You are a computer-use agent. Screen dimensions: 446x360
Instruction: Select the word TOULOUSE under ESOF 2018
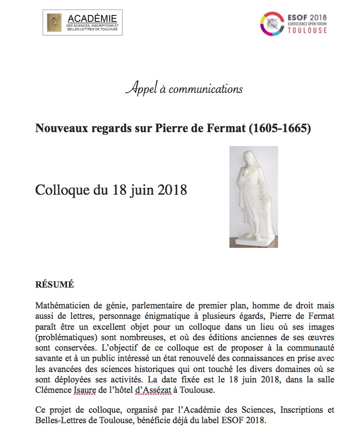click(308, 30)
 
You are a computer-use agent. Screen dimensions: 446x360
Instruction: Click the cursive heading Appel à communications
click(184, 89)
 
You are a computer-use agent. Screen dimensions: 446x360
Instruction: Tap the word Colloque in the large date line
click(61, 190)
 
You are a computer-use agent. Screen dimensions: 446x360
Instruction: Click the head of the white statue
click(247, 158)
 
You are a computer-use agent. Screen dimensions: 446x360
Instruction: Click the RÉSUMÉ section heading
click(55, 285)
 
